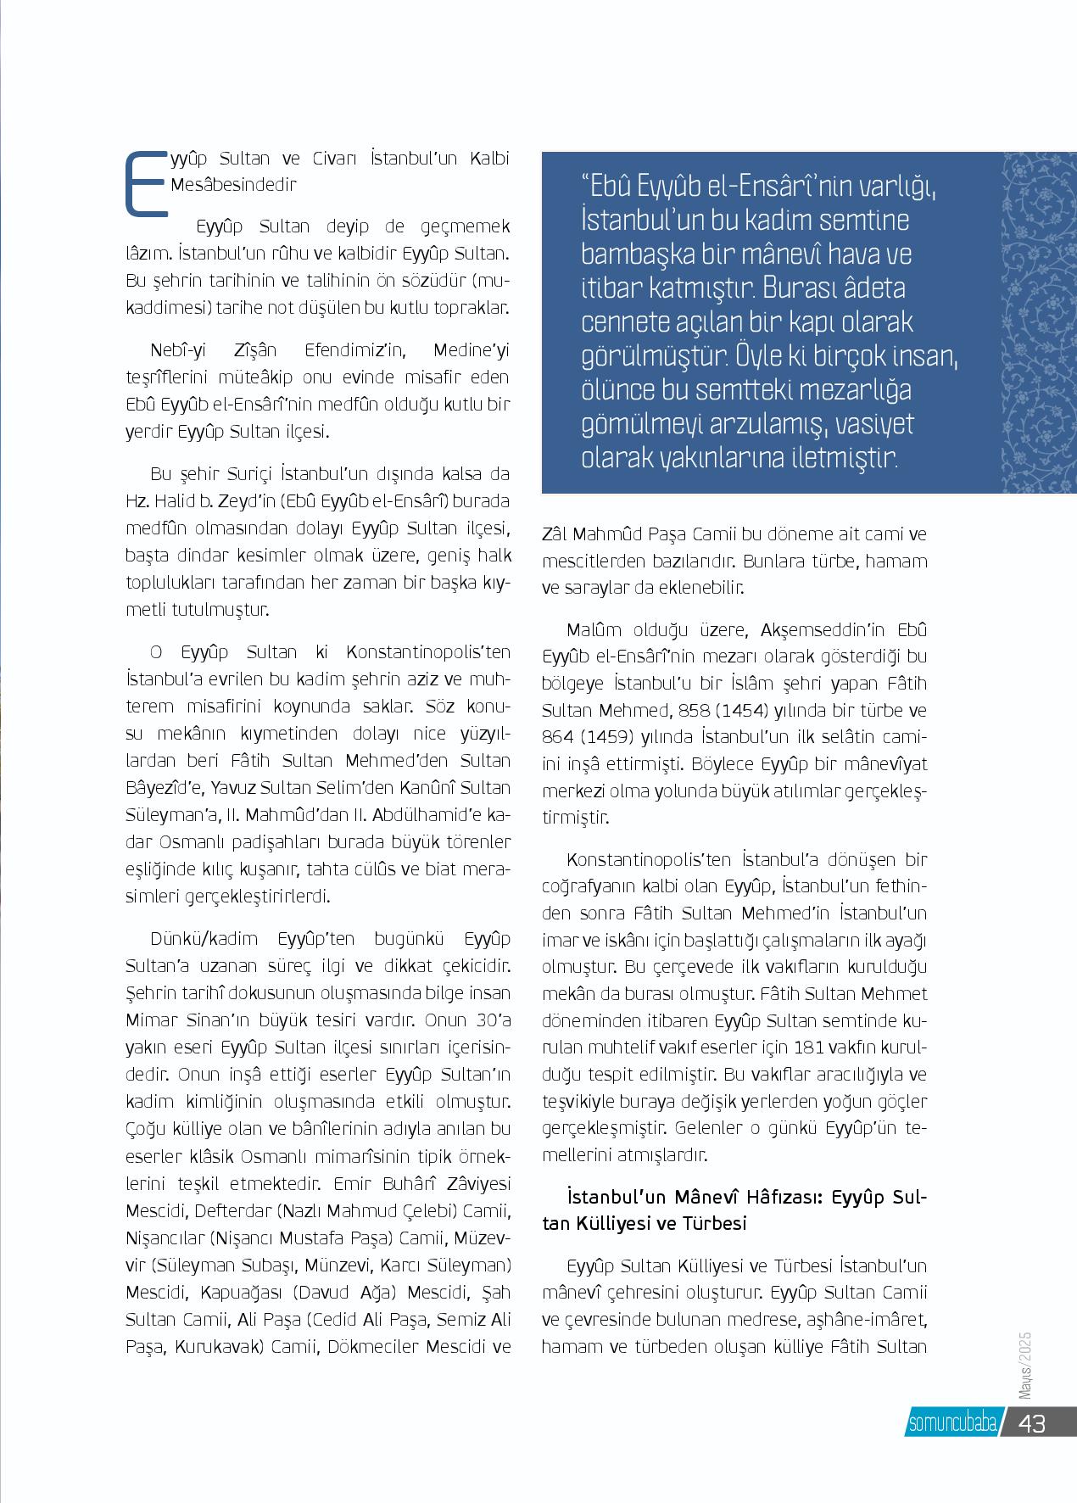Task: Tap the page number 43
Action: pos(1032,1422)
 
